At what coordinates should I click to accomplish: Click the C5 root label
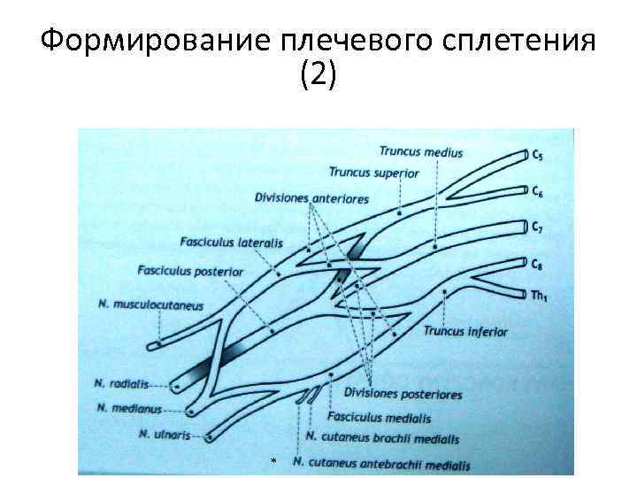point(538,156)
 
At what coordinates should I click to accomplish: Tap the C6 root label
point(538,191)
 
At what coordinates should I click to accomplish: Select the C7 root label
point(538,228)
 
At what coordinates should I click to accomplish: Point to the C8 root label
point(537,264)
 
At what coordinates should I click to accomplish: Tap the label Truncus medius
point(420,152)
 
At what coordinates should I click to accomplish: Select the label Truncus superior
point(373,173)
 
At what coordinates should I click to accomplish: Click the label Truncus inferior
point(465,332)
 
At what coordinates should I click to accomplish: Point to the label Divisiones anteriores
point(311,197)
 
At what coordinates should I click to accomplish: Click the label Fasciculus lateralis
point(231,241)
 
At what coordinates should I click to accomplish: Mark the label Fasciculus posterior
point(190,271)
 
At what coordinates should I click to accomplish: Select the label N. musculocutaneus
point(151,306)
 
